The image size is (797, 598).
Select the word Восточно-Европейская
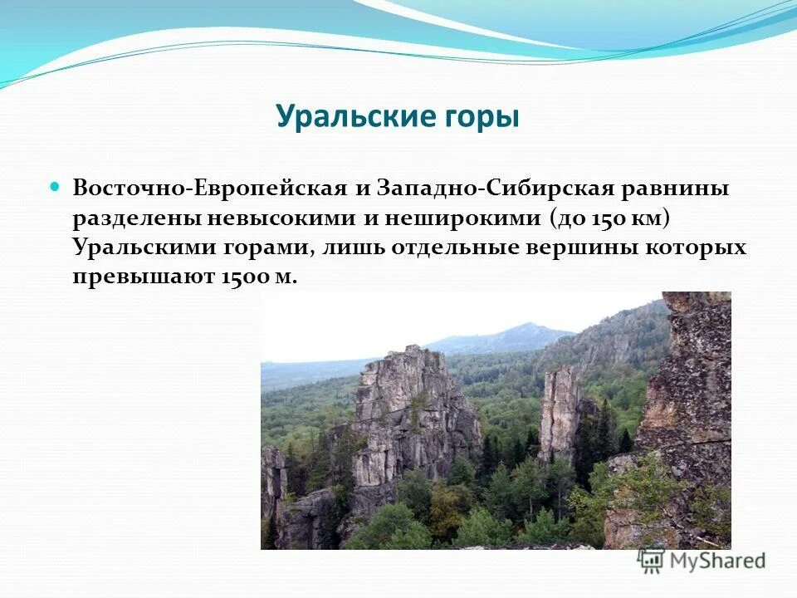(x=209, y=188)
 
